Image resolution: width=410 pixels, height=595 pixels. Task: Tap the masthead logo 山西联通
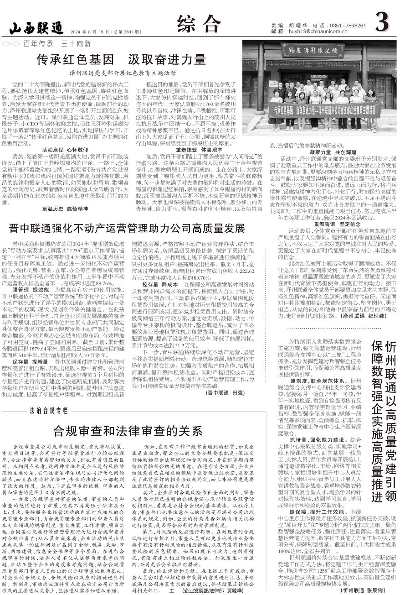36,28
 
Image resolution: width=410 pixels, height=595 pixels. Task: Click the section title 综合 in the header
199,23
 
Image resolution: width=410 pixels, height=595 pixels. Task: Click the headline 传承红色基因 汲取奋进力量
122,59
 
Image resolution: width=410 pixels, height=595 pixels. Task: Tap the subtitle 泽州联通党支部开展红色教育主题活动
123,73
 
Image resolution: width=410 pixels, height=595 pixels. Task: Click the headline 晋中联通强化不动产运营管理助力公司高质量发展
128,227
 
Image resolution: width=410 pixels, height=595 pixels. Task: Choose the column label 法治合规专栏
49,410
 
